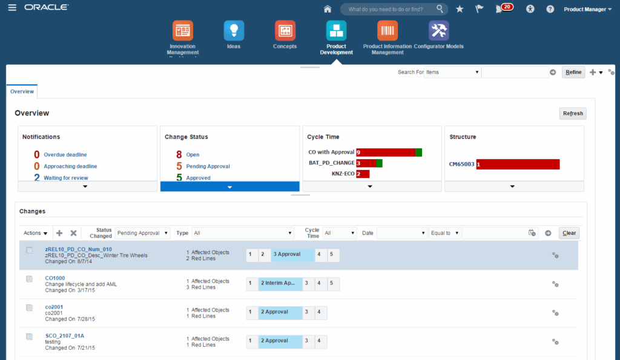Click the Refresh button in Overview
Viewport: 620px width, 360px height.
pyautogui.click(x=572, y=113)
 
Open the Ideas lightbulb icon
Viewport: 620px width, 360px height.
pyautogui.click(x=234, y=30)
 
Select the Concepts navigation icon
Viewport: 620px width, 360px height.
pyautogui.click(x=285, y=30)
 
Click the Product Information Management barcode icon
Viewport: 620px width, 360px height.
pyautogui.click(x=387, y=30)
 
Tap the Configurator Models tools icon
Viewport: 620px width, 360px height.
pyautogui.click(x=438, y=30)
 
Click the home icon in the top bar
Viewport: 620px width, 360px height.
pyautogui.click(x=328, y=9)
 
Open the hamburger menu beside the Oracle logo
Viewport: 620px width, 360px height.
pyautogui.click(x=12, y=8)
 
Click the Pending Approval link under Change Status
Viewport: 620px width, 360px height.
pyautogui.click(x=208, y=166)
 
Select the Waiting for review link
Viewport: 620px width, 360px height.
pyautogui.click(x=65, y=178)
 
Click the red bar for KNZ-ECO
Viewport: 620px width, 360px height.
pyautogui.click(x=363, y=174)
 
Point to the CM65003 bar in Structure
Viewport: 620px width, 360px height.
pyautogui.click(x=518, y=164)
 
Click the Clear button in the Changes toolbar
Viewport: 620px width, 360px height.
pyautogui.click(x=569, y=233)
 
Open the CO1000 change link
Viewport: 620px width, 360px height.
pyautogui.click(x=55, y=278)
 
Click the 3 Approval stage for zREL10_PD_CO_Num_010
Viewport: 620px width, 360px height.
pyautogui.click(x=293, y=255)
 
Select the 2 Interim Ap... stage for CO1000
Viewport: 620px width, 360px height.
pyautogui.click(x=280, y=283)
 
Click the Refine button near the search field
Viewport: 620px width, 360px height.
pyautogui.click(x=573, y=72)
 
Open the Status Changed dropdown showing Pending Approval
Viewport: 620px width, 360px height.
pyautogui.click(x=143, y=233)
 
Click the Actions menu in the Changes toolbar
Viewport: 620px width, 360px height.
pyautogui.click(x=35, y=233)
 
